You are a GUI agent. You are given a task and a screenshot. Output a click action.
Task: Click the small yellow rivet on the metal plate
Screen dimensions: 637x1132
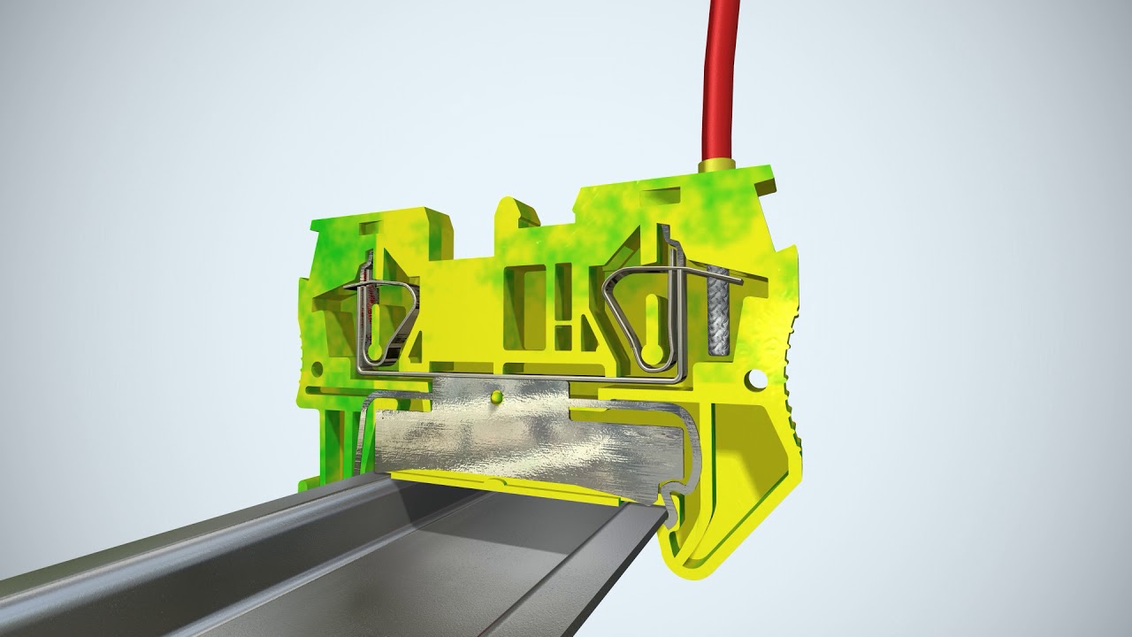(496, 398)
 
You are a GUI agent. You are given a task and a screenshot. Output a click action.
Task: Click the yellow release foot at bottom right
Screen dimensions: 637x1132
(743, 531)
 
